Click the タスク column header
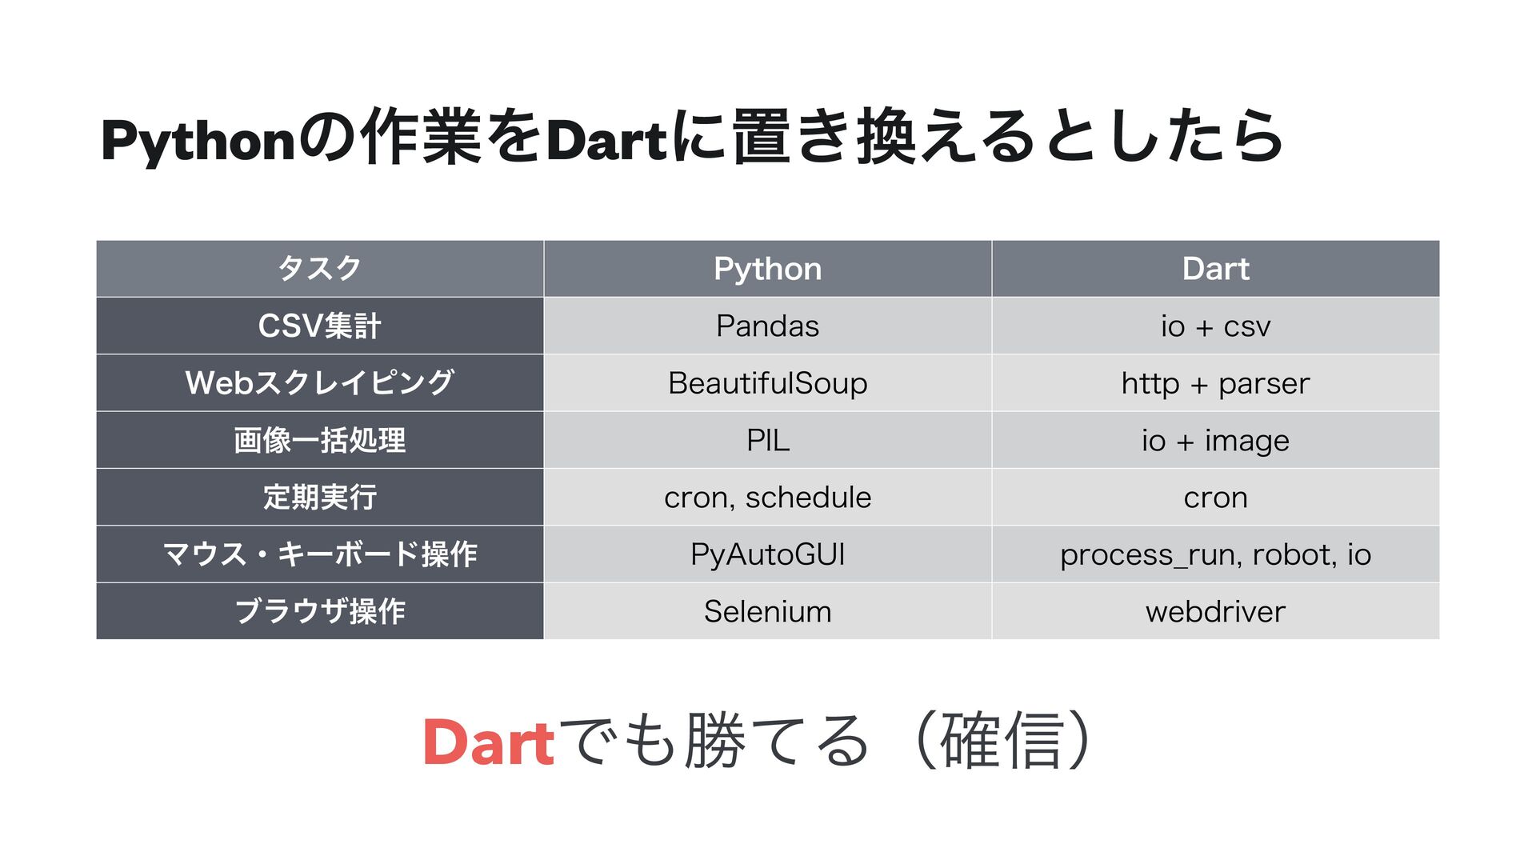(319, 269)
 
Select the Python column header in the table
(767, 269)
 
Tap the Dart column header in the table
(1215, 269)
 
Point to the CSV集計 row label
(319, 326)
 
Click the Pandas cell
(767, 326)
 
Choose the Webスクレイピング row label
(319, 383)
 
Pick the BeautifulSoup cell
(767, 383)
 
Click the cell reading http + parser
(1215, 383)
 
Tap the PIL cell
(767, 440)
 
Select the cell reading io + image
(1215, 440)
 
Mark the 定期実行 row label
(319, 498)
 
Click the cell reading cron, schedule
(767, 498)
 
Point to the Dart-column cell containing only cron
(1215, 498)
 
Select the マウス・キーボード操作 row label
(319, 554)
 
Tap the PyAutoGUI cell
(767, 554)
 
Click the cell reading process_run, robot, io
(1215, 554)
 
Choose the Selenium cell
(767, 612)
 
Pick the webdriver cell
(1215, 612)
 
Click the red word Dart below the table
(488, 742)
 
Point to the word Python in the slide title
(198, 141)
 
